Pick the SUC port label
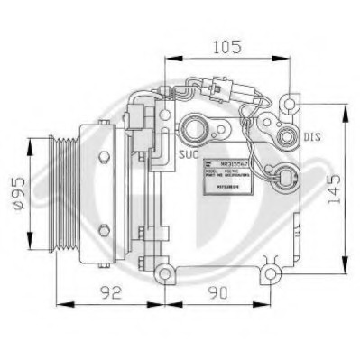[188, 154]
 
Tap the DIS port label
[311, 137]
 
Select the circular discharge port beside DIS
[287, 138]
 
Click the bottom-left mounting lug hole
[163, 272]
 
